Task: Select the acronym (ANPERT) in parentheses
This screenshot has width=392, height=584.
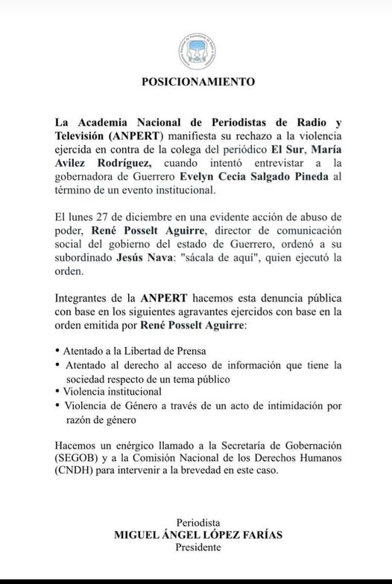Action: (135, 135)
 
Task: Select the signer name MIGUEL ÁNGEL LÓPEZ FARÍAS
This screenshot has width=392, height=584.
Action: (198, 534)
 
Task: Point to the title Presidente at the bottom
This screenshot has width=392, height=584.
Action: (198, 547)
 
